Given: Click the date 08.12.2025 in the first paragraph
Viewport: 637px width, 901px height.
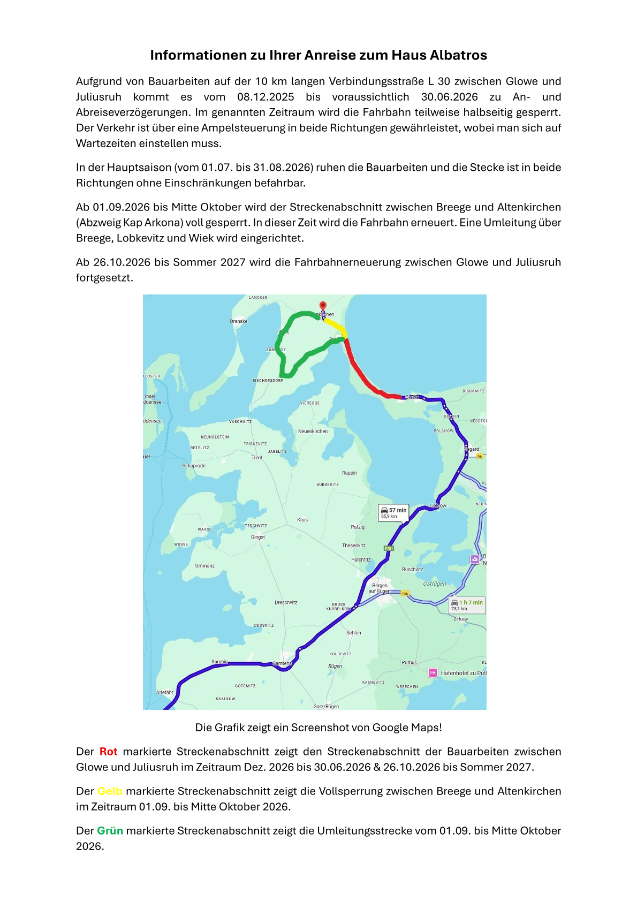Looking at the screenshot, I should (x=266, y=97).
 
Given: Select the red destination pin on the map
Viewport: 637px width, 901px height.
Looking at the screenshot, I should (x=323, y=305).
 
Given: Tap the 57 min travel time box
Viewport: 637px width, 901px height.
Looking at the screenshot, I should (x=393, y=512).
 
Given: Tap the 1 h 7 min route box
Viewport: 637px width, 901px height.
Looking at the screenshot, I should (x=467, y=605).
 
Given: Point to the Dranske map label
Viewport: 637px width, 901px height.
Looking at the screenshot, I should (x=239, y=321).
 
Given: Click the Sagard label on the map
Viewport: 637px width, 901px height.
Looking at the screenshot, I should (x=472, y=449).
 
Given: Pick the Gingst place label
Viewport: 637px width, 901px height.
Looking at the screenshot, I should (x=258, y=537).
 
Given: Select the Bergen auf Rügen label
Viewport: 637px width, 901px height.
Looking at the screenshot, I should (x=380, y=588).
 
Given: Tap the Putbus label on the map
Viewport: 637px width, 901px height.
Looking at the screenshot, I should (x=409, y=662).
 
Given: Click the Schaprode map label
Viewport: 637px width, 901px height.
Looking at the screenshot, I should (x=194, y=466).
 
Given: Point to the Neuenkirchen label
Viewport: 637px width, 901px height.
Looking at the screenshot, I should (x=313, y=431).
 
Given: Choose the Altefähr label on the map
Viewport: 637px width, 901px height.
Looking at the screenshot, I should (x=165, y=692).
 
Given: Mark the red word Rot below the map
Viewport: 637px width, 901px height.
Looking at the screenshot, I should (x=108, y=752).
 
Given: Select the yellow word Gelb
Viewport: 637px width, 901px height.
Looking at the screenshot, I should (x=110, y=791).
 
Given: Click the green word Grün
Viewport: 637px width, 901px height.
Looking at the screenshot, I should (x=110, y=831).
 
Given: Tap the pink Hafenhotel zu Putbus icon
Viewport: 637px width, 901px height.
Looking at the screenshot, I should (x=433, y=673).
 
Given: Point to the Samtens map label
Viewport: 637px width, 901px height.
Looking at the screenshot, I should (x=282, y=663).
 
